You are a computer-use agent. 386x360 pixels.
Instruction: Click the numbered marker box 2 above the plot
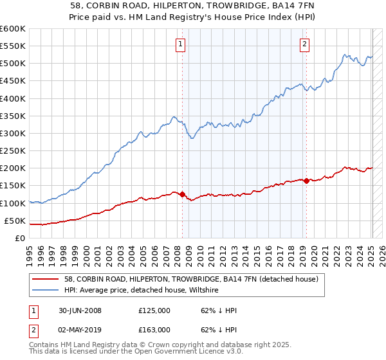304,44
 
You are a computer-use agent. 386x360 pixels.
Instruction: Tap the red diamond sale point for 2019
306,181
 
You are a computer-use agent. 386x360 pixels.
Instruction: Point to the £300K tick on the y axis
13,133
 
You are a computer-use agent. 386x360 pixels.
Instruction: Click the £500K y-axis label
13,64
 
